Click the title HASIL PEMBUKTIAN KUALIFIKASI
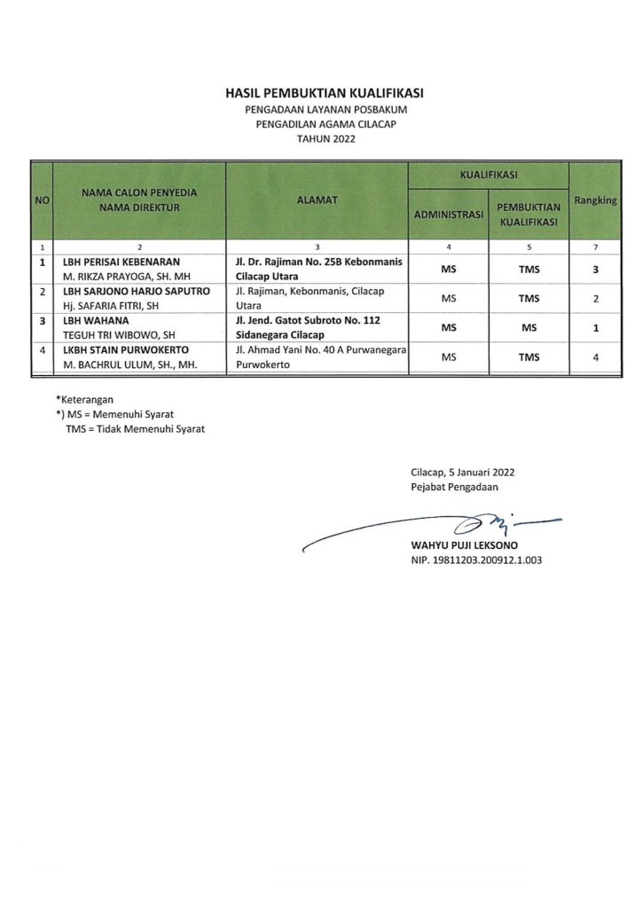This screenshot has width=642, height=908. tap(324, 93)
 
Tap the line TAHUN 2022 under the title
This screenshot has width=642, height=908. tap(324, 139)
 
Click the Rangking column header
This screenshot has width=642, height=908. tap(595, 201)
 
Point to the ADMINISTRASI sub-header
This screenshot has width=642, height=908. tap(448, 215)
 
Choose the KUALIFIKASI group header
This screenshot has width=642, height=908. tap(489, 175)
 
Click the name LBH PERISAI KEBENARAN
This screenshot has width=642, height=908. tap(121, 262)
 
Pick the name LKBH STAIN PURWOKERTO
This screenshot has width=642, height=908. tap(125, 350)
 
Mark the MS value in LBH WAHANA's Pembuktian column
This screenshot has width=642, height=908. tap(529, 328)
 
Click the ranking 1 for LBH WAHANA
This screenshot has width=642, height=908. tap(595, 328)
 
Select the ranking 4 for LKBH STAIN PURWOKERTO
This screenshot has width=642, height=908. tap(595, 357)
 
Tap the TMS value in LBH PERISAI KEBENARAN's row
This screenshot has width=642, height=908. tap(529, 269)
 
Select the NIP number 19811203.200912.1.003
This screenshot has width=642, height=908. tap(475, 560)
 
